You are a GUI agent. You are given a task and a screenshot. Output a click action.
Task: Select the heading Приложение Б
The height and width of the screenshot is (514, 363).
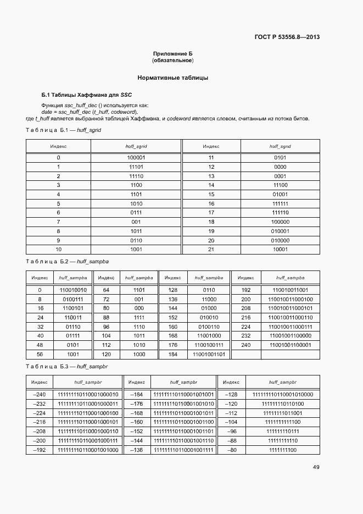(x=173, y=53)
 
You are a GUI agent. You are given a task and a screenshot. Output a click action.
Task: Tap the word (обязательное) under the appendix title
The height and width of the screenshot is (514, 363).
(x=173, y=60)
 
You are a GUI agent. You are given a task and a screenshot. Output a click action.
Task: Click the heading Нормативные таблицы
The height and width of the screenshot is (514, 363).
(x=173, y=78)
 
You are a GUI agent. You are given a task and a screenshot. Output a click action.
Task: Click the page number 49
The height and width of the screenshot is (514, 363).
(x=316, y=467)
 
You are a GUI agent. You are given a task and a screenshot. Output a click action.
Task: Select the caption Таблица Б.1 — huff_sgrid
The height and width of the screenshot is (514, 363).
(x=64, y=130)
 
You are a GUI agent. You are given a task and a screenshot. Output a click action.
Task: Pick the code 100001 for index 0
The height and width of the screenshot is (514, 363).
(x=136, y=157)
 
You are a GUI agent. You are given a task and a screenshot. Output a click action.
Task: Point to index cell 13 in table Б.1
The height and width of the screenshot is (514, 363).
(x=211, y=175)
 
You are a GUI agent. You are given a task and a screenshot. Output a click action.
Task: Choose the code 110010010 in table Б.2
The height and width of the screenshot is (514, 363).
(x=73, y=289)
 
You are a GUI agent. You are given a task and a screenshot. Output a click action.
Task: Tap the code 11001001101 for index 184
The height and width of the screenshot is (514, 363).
(x=209, y=355)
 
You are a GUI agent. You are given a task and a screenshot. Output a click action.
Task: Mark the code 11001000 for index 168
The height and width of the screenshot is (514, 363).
(x=209, y=335)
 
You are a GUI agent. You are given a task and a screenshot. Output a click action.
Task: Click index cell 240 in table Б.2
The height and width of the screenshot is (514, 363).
(x=245, y=345)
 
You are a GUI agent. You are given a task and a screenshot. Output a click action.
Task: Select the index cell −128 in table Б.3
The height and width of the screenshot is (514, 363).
(x=231, y=394)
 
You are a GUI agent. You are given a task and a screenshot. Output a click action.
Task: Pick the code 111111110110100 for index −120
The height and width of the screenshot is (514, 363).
(x=282, y=404)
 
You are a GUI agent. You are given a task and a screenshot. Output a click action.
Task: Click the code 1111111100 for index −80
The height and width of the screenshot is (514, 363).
(x=282, y=450)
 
